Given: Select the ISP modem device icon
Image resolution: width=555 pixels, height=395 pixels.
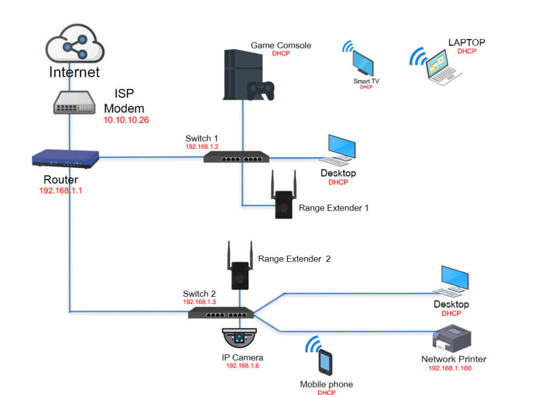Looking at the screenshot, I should [74, 103].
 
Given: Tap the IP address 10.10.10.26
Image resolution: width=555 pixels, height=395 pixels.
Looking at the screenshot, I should [126, 120].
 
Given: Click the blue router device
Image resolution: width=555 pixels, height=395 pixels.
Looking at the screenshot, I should [65, 158].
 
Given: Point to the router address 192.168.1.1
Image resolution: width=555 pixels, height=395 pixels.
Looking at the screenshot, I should [61, 190].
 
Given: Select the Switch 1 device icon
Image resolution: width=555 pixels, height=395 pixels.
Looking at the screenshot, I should [236, 158].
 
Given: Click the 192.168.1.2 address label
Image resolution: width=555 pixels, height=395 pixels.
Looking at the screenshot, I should [202, 146].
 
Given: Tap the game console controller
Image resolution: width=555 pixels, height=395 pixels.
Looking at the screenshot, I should [260, 91].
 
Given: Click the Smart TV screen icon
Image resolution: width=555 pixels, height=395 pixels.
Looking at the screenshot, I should [363, 63].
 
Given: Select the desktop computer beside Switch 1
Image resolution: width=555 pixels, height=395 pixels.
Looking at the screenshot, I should [339, 150].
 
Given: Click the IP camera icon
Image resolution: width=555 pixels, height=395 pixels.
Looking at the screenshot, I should [239, 338].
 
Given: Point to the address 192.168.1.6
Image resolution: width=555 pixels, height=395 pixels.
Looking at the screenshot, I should [242, 366].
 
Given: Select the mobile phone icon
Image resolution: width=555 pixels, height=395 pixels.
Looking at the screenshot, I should [325, 362].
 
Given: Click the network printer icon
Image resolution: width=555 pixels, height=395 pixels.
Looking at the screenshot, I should [451, 339].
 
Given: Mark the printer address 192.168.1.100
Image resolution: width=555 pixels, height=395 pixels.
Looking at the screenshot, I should [450, 368].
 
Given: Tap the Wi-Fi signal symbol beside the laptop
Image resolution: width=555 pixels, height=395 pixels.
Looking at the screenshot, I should [417, 56].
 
